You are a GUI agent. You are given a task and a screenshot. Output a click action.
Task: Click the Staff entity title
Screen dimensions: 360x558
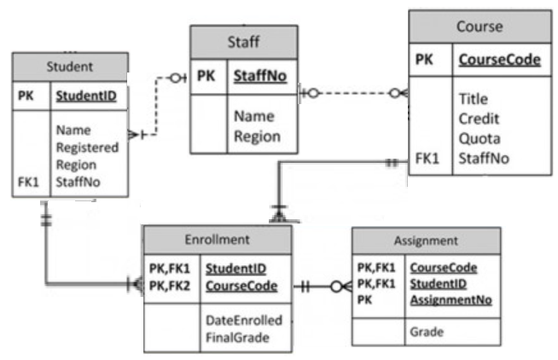(244, 41)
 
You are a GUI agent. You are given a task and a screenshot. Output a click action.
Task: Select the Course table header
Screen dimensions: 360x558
(479, 26)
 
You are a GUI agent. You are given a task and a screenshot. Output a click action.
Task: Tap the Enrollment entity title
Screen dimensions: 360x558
(217, 240)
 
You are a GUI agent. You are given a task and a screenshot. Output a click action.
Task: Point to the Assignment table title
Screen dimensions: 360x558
(426, 241)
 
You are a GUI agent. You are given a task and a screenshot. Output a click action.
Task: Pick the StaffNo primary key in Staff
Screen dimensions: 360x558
(260, 77)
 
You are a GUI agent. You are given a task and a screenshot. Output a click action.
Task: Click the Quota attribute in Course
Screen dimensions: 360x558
(478, 138)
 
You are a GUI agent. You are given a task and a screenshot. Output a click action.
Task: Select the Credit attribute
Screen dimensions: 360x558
(479, 119)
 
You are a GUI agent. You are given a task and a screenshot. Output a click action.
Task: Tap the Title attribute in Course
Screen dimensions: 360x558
(473, 99)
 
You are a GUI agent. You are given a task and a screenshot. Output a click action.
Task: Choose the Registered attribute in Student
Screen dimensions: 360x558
(87, 147)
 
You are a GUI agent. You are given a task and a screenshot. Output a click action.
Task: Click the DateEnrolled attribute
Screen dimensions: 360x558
(244, 319)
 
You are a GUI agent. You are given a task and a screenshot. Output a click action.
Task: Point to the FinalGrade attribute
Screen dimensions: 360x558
(237, 338)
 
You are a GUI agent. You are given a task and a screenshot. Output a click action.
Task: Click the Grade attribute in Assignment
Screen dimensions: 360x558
(426, 331)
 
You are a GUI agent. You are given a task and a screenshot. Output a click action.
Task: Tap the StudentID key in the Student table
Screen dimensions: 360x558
(86, 95)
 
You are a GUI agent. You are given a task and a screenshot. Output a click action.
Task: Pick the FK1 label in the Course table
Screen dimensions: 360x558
(427, 158)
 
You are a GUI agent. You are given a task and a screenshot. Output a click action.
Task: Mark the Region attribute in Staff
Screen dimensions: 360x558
(257, 136)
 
